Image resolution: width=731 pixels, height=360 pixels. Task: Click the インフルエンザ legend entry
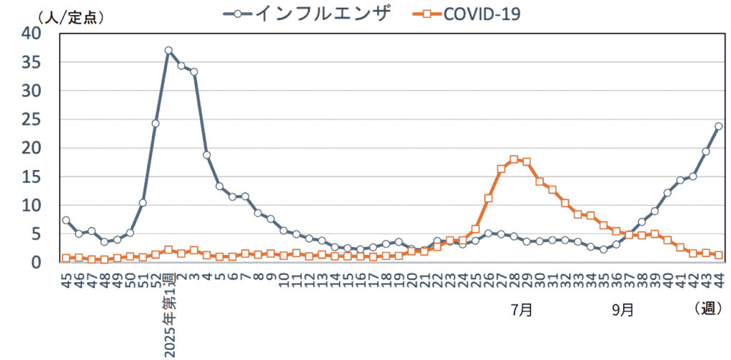coord(307,13)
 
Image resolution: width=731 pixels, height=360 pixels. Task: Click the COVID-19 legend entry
coord(465,13)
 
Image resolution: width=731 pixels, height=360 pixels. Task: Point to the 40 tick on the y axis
coord(31,33)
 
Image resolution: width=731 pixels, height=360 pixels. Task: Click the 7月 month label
coord(521,310)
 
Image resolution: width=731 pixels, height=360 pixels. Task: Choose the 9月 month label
coord(622,310)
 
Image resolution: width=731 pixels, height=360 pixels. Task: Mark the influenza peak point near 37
coord(168,51)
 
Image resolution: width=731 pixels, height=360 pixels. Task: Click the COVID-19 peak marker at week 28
coord(514,159)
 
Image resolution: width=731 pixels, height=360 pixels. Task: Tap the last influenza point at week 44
coord(718,126)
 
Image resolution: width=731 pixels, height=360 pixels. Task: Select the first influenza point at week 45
coord(66,220)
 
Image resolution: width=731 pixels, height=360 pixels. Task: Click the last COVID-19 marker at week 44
coord(718,255)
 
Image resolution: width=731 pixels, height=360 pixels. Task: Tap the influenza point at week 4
coord(207,155)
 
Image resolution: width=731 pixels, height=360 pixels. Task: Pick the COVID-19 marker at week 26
coord(488,199)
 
